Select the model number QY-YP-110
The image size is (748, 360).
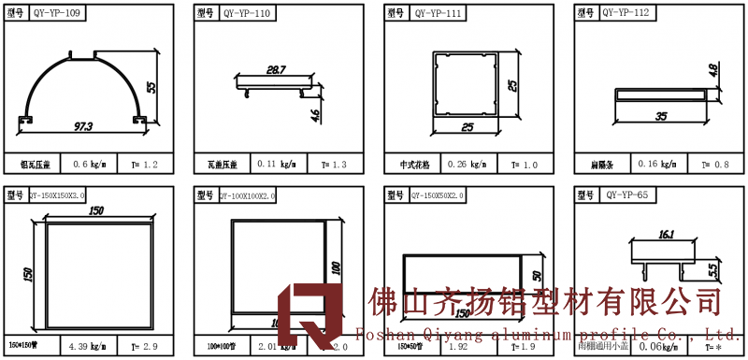click(248, 15)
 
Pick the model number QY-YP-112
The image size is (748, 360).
click(626, 13)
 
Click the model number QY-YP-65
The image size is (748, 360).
click(626, 195)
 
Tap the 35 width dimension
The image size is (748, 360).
click(662, 117)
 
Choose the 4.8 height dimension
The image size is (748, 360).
click(713, 71)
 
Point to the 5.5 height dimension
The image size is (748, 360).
click(713, 270)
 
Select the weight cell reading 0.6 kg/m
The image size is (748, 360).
click(90, 165)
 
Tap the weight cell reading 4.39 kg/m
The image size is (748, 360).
click(90, 346)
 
